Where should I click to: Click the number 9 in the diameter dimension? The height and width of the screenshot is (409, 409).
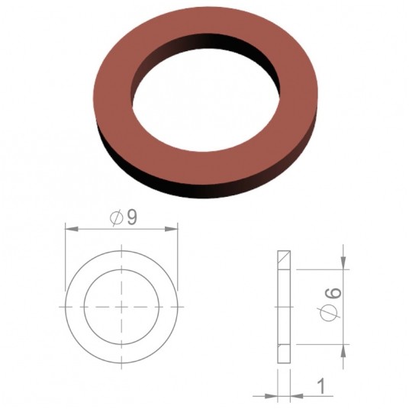point(132,217)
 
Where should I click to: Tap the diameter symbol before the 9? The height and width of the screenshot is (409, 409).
point(117,218)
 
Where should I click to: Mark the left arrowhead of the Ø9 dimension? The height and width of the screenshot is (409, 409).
point(70,227)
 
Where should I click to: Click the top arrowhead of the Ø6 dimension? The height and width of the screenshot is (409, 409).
point(344,263)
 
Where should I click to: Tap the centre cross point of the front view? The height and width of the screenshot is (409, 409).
point(122,306)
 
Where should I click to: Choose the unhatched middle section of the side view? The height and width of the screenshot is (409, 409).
point(285,306)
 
